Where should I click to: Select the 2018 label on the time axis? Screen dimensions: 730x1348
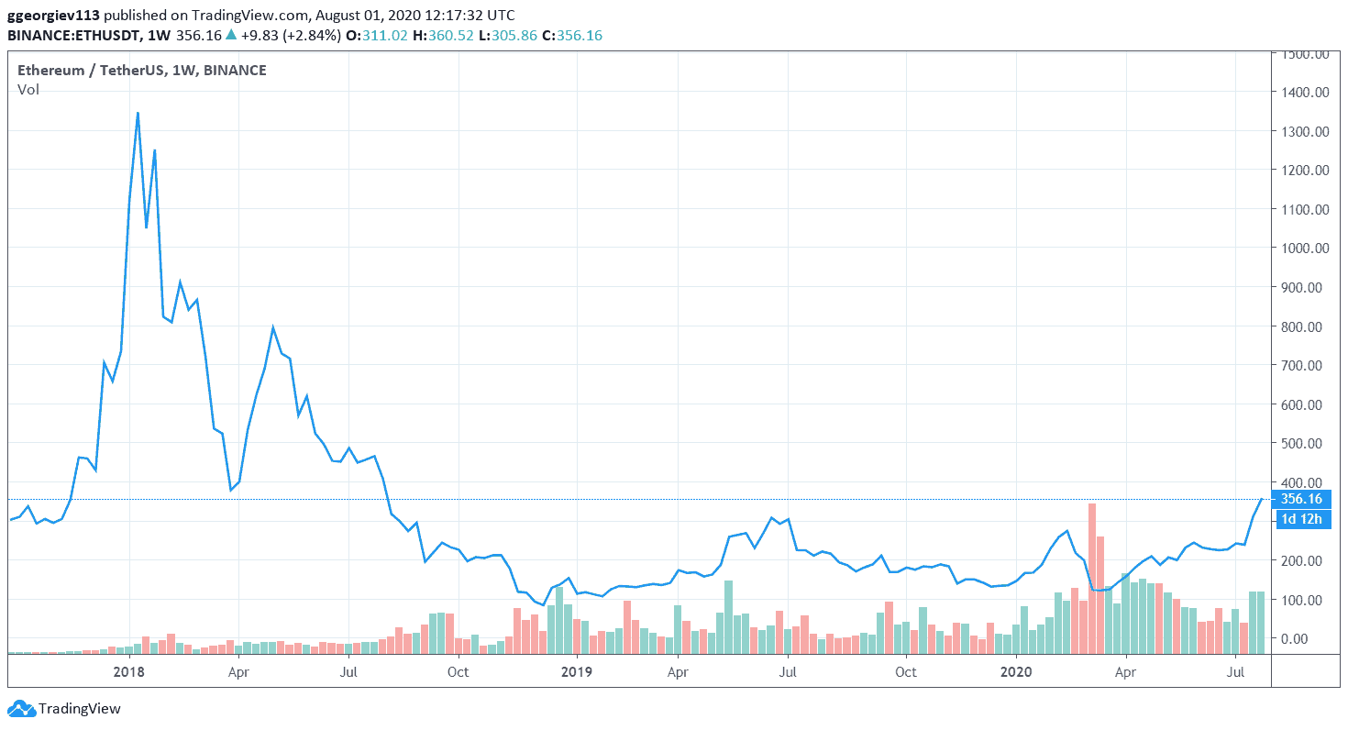(x=129, y=671)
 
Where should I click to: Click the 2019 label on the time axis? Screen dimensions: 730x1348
(x=576, y=671)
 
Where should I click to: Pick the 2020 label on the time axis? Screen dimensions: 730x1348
(x=1016, y=671)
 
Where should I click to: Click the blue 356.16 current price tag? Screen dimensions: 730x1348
(x=1301, y=499)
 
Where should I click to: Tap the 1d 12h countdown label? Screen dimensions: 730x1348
(x=1301, y=519)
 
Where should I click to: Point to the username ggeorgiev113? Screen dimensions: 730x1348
(x=53, y=16)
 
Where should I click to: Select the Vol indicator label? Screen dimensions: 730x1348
(x=28, y=90)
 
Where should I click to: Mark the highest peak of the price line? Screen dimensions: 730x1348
(x=138, y=113)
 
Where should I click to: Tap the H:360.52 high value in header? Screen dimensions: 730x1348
(x=457, y=36)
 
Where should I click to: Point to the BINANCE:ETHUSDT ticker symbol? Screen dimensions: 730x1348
(x=72, y=36)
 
